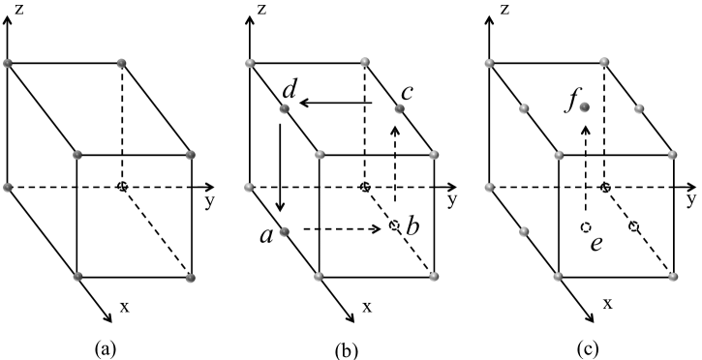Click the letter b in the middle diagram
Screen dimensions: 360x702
click(412, 228)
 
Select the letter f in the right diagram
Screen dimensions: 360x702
click(568, 99)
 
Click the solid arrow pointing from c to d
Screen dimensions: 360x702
click(335, 101)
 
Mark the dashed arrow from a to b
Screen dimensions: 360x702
click(340, 229)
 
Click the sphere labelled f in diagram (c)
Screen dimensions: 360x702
click(585, 108)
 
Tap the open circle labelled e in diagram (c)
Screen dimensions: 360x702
click(585, 226)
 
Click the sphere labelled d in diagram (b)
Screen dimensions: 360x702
click(284, 109)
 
